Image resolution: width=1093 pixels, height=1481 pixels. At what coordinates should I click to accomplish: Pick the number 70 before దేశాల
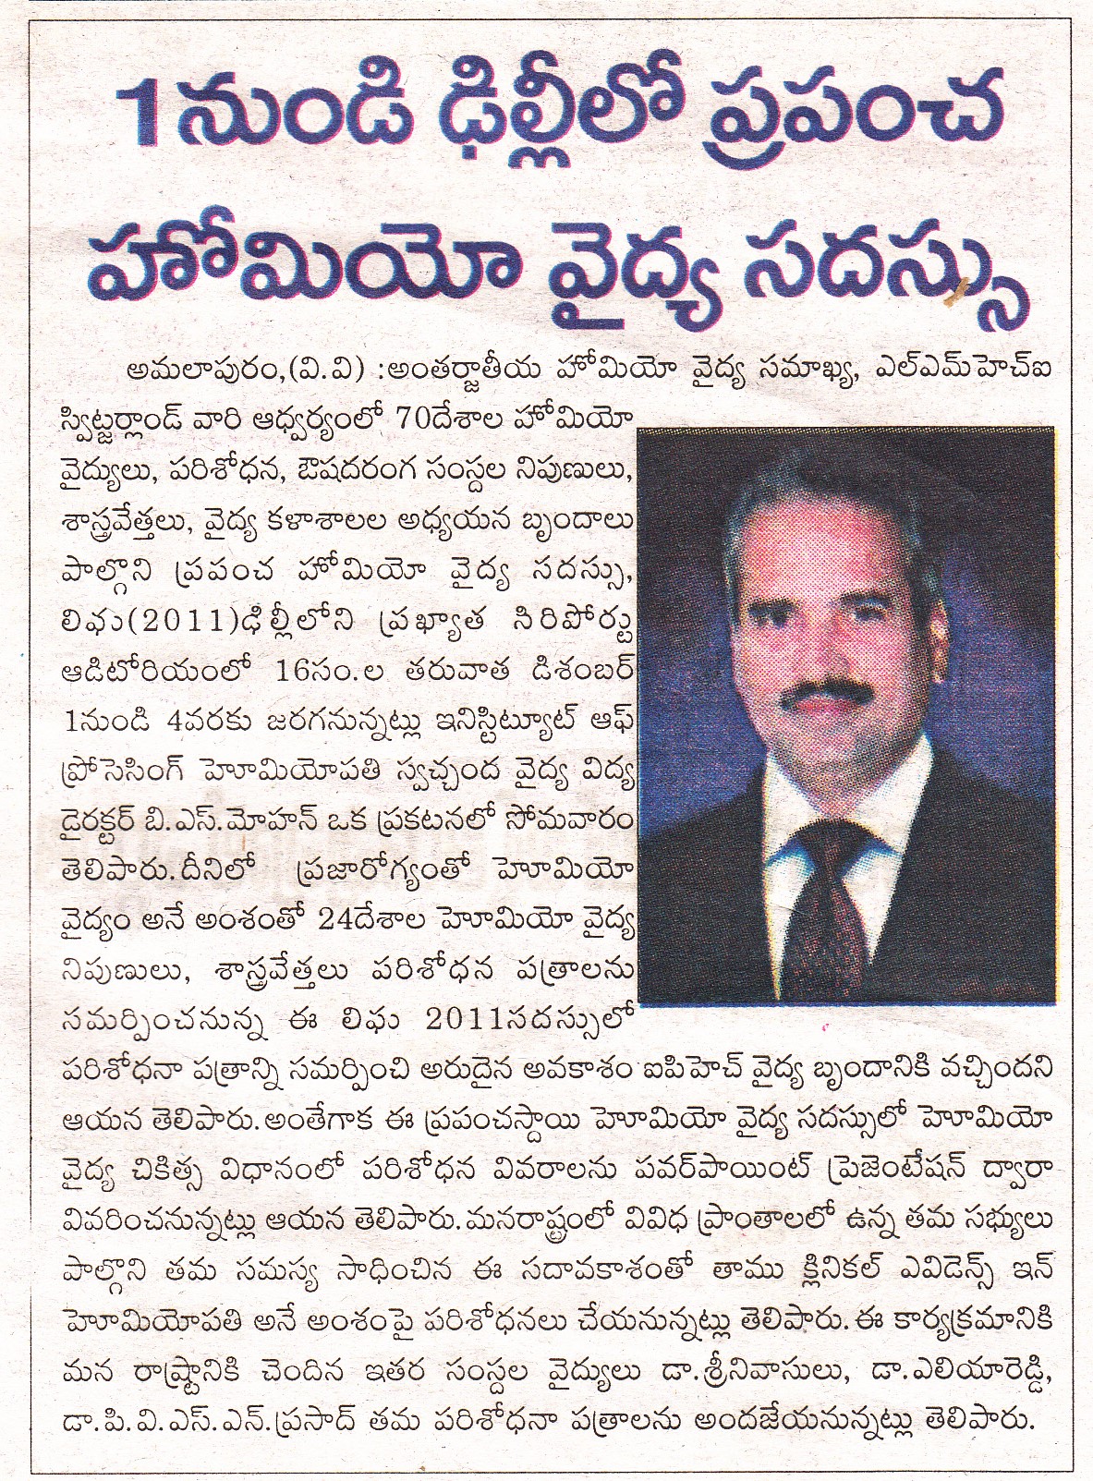(x=389, y=419)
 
